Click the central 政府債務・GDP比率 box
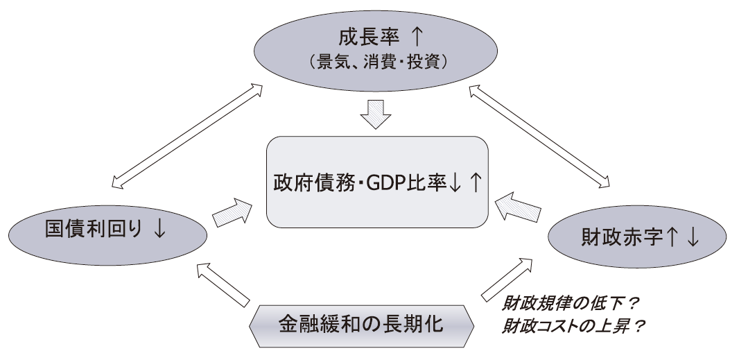[x=377, y=182]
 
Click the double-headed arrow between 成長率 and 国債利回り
[x=187, y=135]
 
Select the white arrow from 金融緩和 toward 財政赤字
[x=508, y=280]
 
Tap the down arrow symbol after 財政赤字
[x=693, y=238]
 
